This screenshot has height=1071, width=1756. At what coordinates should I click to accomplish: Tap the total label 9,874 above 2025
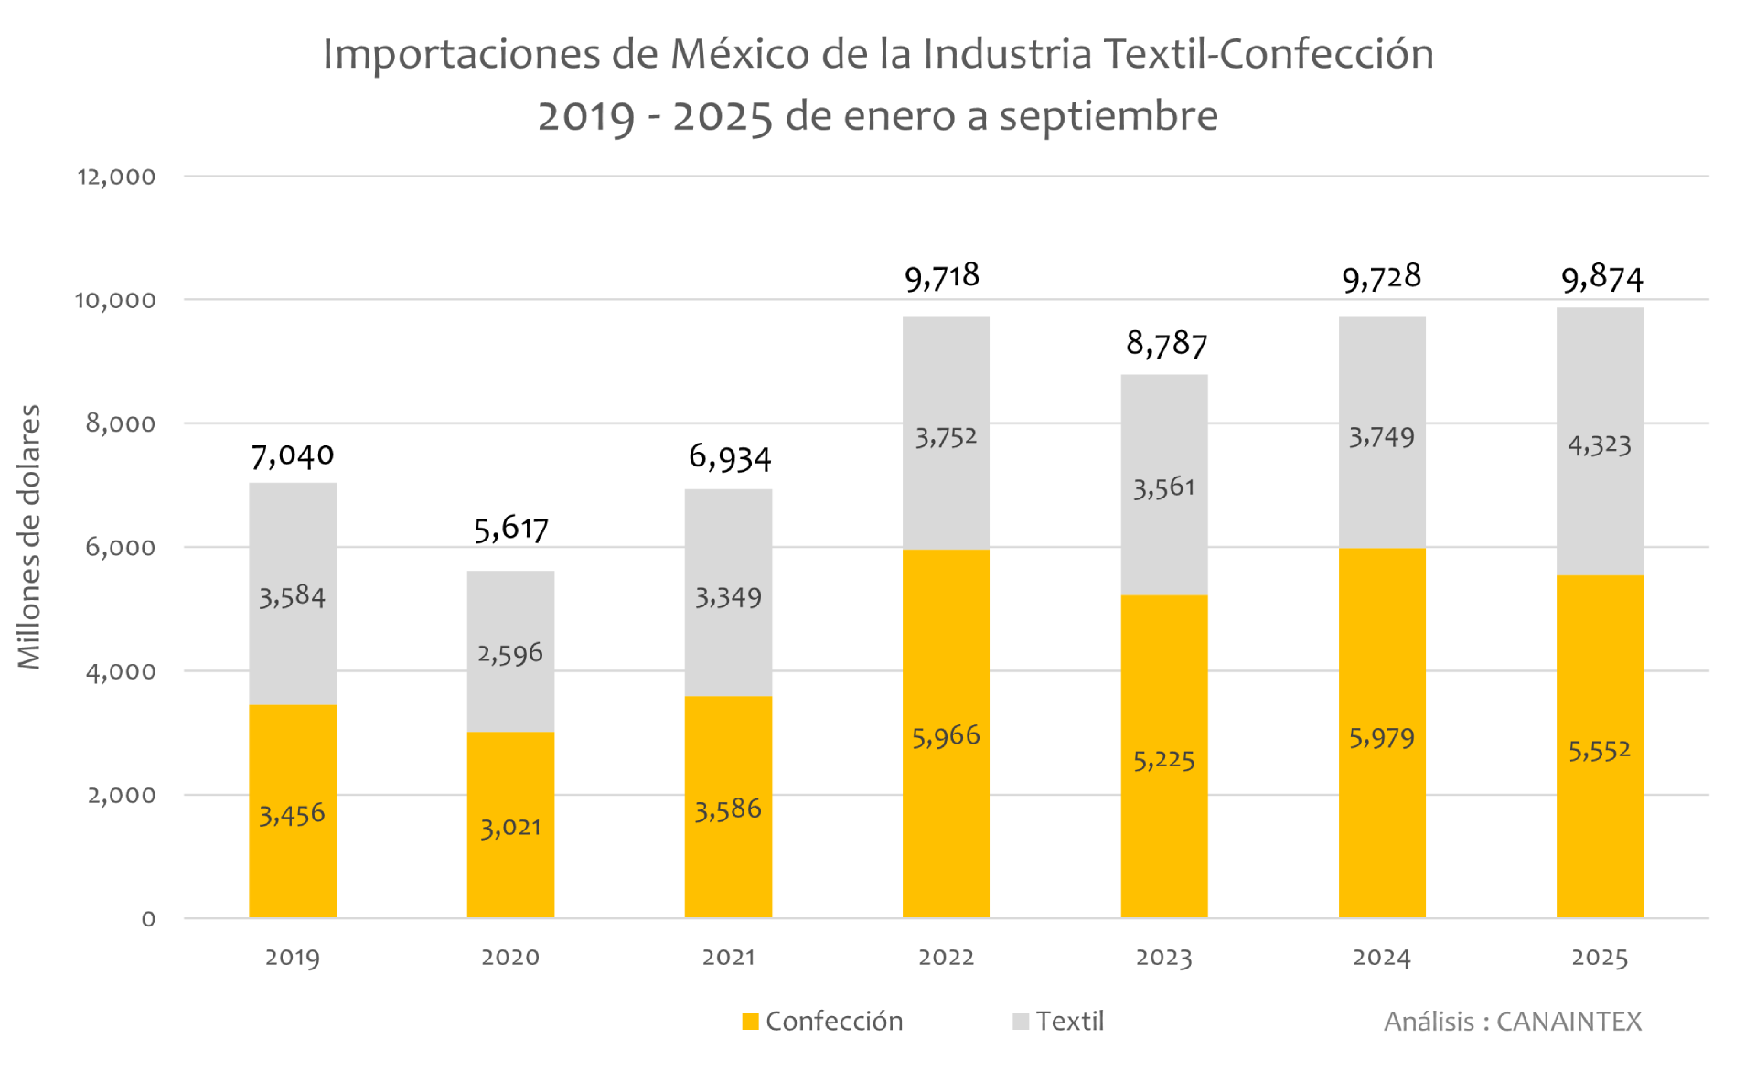[1601, 278]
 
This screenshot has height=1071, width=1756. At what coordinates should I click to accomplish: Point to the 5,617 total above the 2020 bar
[511, 529]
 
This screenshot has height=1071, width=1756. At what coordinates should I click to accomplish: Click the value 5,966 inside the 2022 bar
[946, 736]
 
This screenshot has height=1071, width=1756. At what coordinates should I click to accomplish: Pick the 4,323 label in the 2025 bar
[1599, 445]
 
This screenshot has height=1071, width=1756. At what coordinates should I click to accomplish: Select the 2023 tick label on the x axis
[1163, 958]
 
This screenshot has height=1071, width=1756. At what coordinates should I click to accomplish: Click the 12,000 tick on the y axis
[116, 177]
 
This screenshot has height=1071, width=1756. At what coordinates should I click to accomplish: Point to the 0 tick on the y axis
[148, 919]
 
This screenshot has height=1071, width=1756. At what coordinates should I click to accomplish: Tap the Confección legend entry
[823, 1022]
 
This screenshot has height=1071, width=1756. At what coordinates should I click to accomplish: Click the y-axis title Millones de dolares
[30, 537]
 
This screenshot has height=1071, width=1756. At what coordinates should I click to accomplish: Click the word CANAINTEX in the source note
[1569, 1022]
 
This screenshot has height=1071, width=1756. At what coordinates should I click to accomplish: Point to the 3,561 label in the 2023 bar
[1163, 487]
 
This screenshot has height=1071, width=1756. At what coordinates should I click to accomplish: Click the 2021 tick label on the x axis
[728, 958]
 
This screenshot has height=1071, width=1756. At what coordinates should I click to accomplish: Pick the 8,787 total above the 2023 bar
[1166, 345]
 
